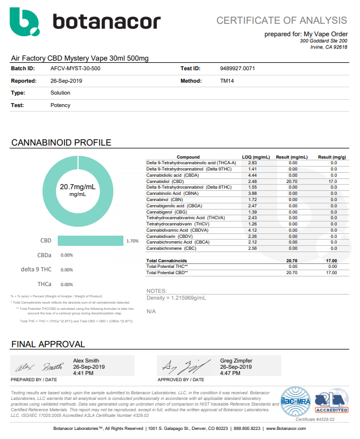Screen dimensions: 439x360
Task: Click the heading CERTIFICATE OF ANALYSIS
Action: [281, 20]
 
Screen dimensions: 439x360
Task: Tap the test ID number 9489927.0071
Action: [237, 69]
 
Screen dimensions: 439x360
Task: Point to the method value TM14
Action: [226, 81]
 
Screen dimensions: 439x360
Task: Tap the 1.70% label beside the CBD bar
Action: [132, 241]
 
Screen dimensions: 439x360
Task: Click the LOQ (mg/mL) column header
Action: [256, 157]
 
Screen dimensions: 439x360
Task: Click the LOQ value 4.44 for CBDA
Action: [252, 175]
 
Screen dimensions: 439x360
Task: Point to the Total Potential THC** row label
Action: [167, 266]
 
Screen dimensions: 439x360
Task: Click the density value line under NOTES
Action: [176, 297]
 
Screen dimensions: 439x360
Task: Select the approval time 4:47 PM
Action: [231, 373]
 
